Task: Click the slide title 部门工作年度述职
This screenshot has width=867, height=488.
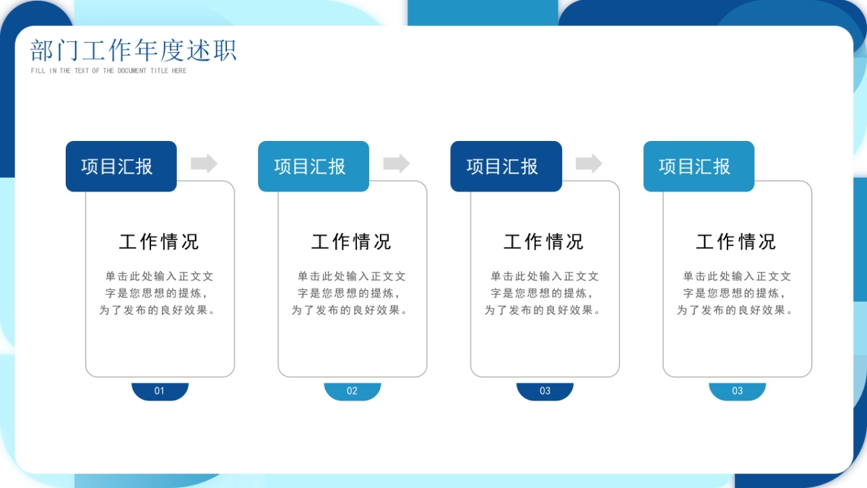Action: tap(134, 51)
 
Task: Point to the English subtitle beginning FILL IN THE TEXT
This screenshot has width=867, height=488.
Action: tap(108, 71)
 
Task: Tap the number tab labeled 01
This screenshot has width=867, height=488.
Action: tap(160, 391)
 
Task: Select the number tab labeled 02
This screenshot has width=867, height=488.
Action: tap(352, 391)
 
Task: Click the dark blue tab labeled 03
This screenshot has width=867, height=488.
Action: tap(545, 391)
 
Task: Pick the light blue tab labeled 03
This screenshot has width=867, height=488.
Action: tap(737, 391)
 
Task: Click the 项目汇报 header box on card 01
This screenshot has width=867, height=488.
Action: tap(121, 166)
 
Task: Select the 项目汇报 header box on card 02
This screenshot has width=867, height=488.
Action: tap(314, 166)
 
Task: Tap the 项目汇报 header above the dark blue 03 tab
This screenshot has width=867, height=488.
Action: tap(506, 166)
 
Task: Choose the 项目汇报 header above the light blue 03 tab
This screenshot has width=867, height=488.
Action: tap(699, 166)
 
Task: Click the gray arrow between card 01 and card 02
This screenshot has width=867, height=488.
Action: tap(204, 163)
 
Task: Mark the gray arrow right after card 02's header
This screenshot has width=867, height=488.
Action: tap(396, 163)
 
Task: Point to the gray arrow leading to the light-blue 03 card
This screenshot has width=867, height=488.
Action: tap(589, 163)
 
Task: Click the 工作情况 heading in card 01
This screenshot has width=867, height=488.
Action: tap(159, 241)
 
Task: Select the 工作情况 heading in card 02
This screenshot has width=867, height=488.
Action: tap(351, 241)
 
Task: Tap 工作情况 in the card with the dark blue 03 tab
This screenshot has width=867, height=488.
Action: tap(543, 241)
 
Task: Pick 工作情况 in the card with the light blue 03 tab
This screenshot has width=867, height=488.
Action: tap(736, 241)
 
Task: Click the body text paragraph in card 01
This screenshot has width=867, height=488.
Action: tap(159, 293)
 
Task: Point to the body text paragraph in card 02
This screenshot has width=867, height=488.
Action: tap(351, 293)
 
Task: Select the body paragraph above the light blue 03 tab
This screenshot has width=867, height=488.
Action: tap(736, 293)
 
